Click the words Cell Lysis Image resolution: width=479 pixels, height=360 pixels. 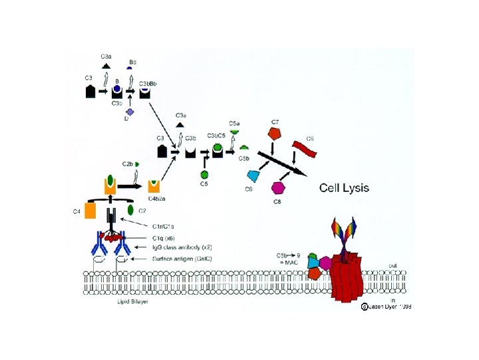(344, 187)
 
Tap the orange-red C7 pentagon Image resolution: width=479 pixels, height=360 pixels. (275, 134)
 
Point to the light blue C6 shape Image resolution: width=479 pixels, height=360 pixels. (253, 175)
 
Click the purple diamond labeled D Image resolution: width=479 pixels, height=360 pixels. (130, 113)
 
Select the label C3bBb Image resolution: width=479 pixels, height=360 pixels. (147, 83)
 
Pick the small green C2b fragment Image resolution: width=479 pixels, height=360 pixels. (136, 164)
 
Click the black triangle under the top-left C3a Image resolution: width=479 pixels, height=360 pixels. (106, 65)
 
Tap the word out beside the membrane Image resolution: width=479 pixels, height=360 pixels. (392, 265)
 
